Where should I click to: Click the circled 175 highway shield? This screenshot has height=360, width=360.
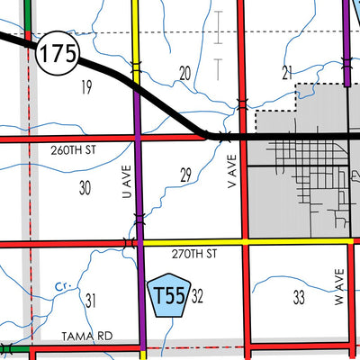coord(56,55)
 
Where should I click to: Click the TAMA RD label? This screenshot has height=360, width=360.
coord(86,336)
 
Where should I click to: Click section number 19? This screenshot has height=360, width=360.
coord(86,87)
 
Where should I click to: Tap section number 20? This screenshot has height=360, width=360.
coord(185,73)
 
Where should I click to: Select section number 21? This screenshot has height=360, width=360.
coord(288,72)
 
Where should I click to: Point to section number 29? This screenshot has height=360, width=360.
coord(185,175)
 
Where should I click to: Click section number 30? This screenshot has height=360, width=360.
coord(85,188)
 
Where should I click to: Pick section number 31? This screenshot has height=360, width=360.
coord(89,301)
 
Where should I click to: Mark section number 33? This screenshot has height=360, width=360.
coord(299,295)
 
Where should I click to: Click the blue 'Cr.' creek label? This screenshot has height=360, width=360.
coord(61,286)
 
